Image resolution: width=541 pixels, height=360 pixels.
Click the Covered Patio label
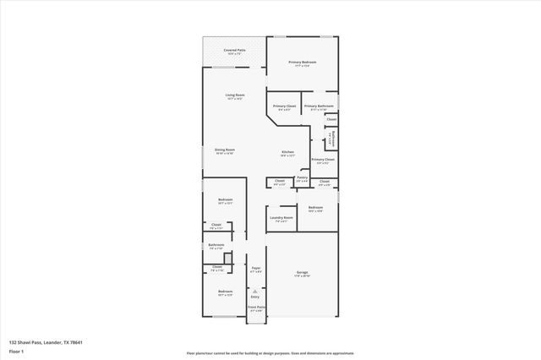pyautogui.click(x=235, y=51)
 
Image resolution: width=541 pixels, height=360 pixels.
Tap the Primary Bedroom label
pyautogui.click(x=302, y=62)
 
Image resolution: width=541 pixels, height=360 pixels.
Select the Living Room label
pyautogui.click(x=235, y=95)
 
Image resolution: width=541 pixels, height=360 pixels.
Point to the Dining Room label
pyautogui.click(x=224, y=149)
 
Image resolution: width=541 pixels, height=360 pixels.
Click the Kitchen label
pyautogui.click(x=288, y=153)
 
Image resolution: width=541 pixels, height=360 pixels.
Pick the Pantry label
pyautogui.click(x=302, y=177)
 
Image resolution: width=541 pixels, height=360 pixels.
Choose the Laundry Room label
pyautogui.click(x=281, y=217)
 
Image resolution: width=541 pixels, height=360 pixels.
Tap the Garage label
pyautogui.click(x=302, y=272)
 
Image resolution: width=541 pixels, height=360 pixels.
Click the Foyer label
pyautogui.click(x=255, y=267)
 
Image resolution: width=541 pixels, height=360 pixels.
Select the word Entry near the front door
pyautogui.click(x=255, y=297)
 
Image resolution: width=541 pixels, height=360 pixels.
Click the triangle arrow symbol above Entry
pyautogui.click(x=255, y=290)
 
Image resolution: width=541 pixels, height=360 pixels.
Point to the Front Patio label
pyautogui.click(x=256, y=308)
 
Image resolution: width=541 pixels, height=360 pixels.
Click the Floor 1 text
pyautogui.click(x=14, y=350)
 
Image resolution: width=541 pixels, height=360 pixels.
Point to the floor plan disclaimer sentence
pyautogui.click(x=270, y=353)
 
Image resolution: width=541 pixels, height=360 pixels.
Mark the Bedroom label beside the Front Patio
pyautogui.click(x=225, y=292)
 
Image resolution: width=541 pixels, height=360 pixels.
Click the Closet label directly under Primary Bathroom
pyautogui.click(x=331, y=119)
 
